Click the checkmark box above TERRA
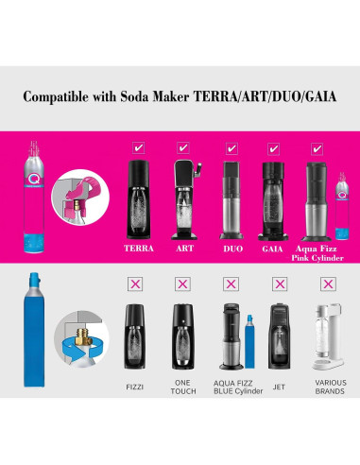pyautogui.click(x=139, y=147)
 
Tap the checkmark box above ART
pyautogui.click(x=183, y=147)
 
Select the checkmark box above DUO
pyautogui.click(x=231, y=147)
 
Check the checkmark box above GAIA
pyautogui.click(x=273, y=147)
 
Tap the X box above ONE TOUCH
pyautogui.click(x=183, y=283)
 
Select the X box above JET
pyautogui.click(x=279, y=283)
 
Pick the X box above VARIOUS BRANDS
pyautogui.click(x=327, y=283)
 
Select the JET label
pyautogui.click(x=278, y=386)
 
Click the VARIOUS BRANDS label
pyautogui.click(x=327, y=389)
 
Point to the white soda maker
pyautogui.click(x=327, y=337)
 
